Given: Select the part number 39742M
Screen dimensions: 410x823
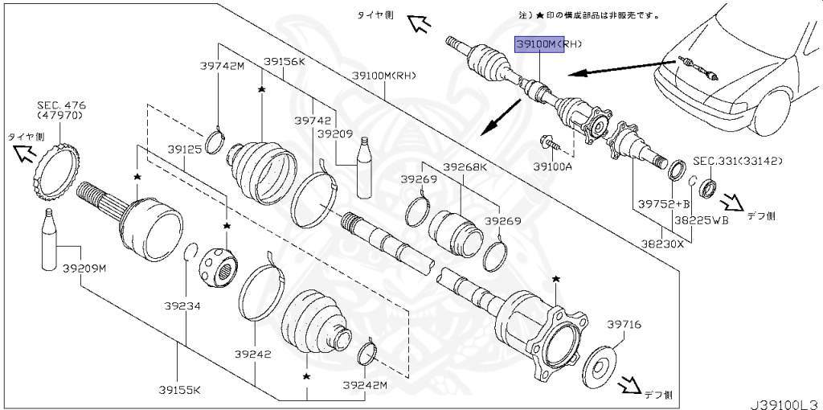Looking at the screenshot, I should (x=221, y=66).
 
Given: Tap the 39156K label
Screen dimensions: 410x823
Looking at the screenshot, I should (x=284, y=61).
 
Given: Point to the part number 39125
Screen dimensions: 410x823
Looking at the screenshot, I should (x=184, y=150).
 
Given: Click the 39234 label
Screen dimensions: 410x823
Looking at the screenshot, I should (x=183, y=305).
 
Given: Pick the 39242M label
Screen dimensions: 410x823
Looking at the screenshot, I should (x=364, y=385).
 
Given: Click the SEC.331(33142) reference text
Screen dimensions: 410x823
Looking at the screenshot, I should (x=727, y=161).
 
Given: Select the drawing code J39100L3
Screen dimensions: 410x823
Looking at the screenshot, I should (x=784, y=399).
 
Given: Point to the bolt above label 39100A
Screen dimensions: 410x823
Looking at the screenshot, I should (x=553, y=143).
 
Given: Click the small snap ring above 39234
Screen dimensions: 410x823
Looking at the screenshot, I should (x=190, y=251).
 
